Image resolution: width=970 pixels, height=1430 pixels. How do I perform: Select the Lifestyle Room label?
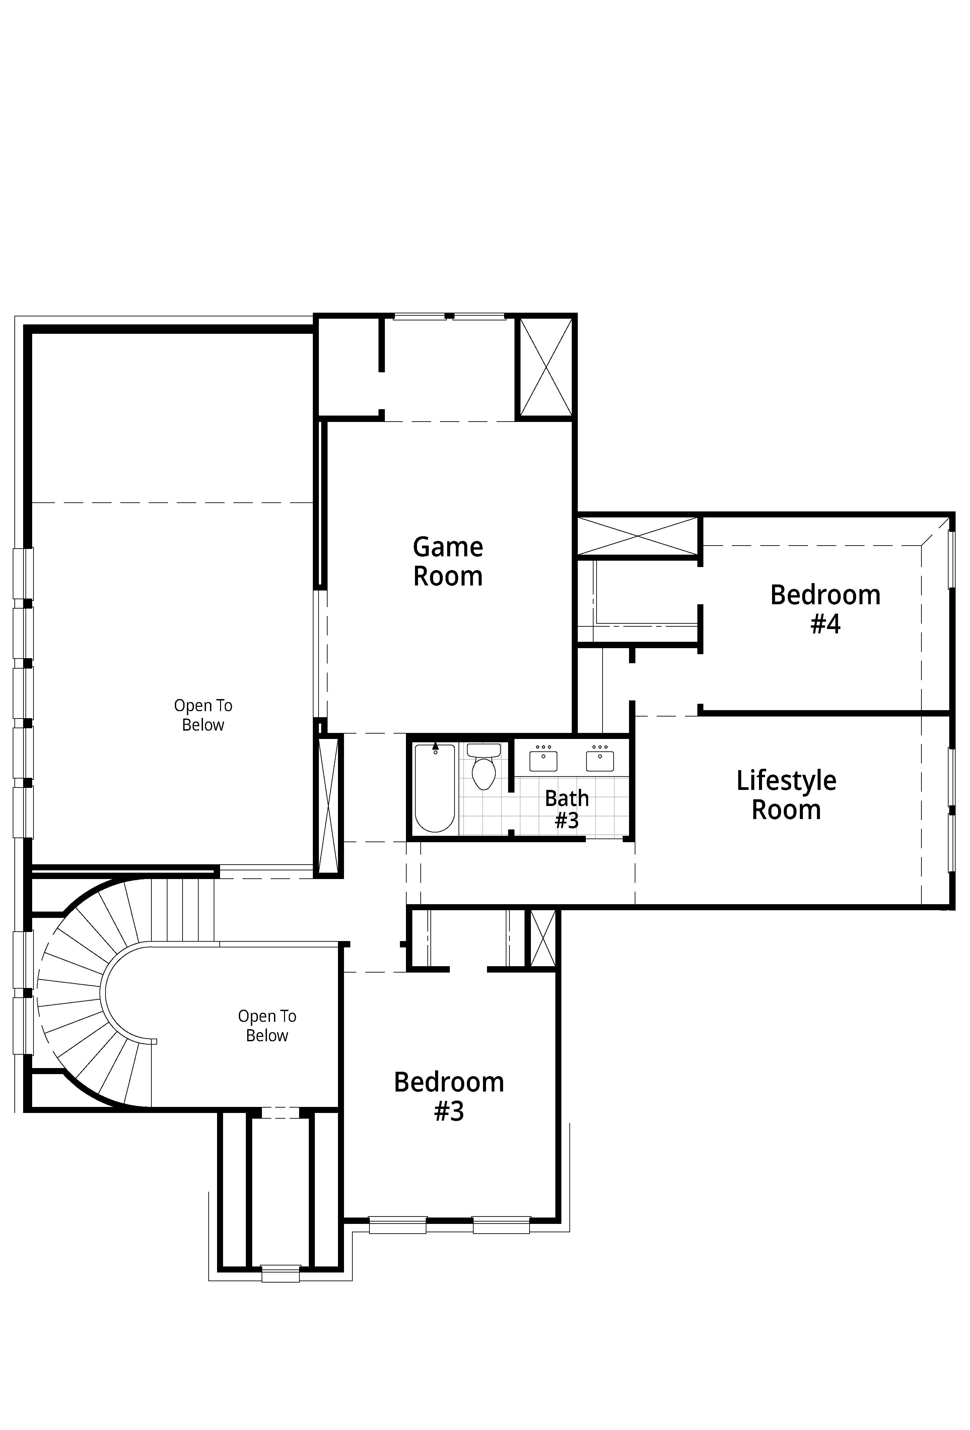(x=786, y=795)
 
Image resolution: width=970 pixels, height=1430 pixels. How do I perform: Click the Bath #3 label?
(x=566, y=809)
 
